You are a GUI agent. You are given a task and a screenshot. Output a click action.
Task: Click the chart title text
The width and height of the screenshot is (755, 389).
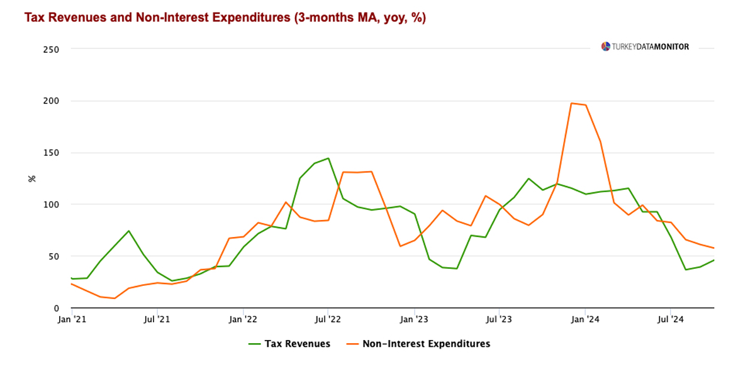[225, 18]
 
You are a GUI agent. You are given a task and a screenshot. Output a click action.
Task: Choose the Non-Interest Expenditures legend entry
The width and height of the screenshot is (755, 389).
[418, 344]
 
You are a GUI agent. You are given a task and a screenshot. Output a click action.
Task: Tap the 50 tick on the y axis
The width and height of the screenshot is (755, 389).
[53, 256]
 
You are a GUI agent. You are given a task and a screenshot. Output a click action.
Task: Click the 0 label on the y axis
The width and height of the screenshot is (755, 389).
[56, 308]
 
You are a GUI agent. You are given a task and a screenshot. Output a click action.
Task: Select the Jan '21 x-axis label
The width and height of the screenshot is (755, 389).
[72, 320]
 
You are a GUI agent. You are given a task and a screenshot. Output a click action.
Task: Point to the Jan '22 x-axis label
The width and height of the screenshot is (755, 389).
[243, 320]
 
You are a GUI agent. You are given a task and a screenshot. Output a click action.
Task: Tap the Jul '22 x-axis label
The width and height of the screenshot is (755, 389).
[328, 320]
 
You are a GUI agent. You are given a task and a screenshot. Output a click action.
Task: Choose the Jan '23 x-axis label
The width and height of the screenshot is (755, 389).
[415, 320]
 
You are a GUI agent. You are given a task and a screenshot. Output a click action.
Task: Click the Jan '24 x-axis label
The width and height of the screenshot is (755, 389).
[585, 320]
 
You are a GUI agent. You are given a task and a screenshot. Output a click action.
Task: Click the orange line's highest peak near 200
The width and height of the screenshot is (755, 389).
[571, 103]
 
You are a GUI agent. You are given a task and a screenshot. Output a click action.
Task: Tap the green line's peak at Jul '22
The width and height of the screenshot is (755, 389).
[328, 158]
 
